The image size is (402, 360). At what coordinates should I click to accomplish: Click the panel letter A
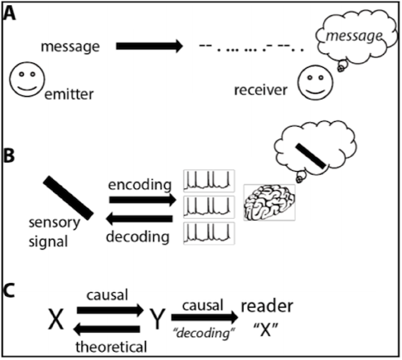10,14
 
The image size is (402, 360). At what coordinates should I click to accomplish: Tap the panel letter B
9,155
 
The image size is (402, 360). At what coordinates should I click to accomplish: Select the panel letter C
9,291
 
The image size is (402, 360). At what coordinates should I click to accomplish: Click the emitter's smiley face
27,79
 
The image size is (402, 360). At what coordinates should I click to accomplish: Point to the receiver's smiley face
315,82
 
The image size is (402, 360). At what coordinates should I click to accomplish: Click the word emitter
69,95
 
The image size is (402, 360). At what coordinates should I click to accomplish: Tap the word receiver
261,90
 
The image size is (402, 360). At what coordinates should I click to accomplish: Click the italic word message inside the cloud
355,36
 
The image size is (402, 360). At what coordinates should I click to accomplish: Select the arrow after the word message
149,46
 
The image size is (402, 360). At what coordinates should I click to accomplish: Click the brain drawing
269,202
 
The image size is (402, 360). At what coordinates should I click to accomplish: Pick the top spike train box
209,181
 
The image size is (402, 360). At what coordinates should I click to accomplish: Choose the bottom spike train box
209,233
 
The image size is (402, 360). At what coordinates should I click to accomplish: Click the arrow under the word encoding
143,200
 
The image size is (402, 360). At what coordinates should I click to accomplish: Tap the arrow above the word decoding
139,219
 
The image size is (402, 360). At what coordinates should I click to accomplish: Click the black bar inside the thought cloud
311,156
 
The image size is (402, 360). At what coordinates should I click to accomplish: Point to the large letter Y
157,319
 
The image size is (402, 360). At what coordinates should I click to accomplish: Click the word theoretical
111,347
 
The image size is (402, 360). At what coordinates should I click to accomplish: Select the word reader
267,307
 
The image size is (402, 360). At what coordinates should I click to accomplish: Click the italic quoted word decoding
204,333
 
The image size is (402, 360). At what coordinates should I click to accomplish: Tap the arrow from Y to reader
205,317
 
